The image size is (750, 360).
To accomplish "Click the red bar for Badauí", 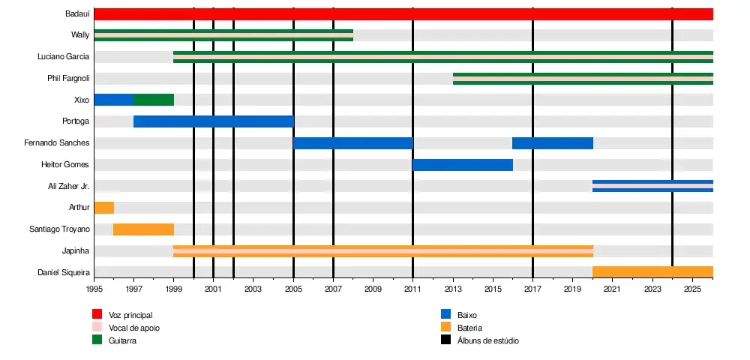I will click(403, 14).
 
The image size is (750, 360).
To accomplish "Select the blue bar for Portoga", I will click(213, 121).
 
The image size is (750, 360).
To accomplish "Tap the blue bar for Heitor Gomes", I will click(463, 165).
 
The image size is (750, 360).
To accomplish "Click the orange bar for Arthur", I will click(104, 208).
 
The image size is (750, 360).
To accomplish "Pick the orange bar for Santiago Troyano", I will click(143, 229).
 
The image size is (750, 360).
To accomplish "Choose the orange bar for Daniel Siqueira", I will click(652, 271).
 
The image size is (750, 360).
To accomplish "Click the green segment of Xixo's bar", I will click(154, 100).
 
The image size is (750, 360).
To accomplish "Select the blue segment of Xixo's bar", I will click(113, 100).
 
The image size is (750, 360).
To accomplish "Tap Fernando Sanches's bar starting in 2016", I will click(553, 143).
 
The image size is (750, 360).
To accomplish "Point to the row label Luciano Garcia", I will click(64, 57).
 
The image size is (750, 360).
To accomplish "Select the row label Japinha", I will click(76, 251).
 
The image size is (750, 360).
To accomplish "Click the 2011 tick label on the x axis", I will click(413, 289).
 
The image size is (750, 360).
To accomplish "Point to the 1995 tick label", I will click(94, 289).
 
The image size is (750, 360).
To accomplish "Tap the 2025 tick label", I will click(692, 289).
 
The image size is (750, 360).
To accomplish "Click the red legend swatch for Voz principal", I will click(97, 315).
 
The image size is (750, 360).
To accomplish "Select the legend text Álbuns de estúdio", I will click(487, 340).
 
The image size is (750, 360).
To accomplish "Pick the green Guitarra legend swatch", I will click(97, 340).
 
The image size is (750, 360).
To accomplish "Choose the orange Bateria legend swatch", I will click(445, 328).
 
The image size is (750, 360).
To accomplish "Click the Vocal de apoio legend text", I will click(134, 328).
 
